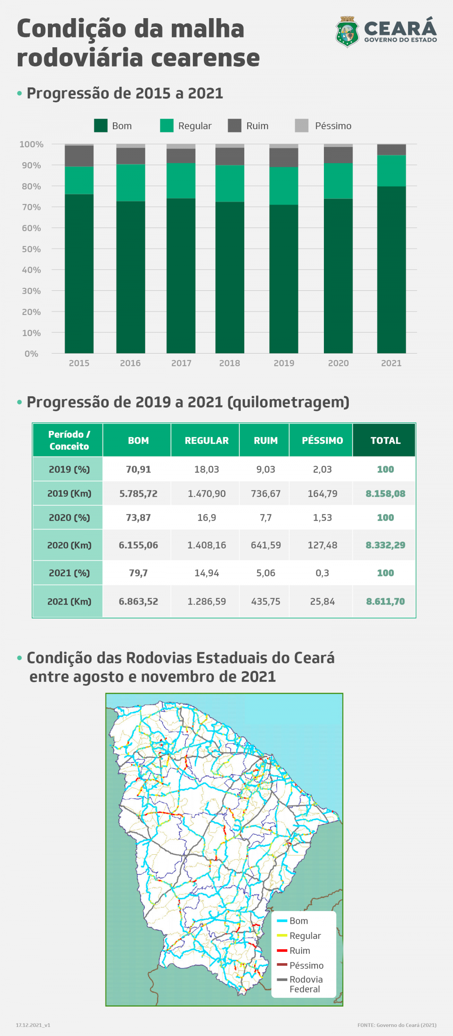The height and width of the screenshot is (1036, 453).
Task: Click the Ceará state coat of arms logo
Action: [347, 32]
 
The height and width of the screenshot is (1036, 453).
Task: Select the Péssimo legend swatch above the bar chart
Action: [302, 125]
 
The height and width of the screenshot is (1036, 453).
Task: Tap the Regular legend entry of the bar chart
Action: [186, 125]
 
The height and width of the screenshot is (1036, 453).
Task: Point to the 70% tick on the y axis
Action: [31, 207]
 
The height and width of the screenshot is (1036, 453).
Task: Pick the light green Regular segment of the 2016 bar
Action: [131, 182]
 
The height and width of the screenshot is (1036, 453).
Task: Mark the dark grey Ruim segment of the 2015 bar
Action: [79, 156]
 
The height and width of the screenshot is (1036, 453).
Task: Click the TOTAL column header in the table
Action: [385, 440]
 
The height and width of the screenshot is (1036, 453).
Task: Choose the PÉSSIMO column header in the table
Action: [322, 440]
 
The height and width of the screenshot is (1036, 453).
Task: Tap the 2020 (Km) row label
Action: [69, 545]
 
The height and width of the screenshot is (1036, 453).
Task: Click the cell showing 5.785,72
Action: [138, 494]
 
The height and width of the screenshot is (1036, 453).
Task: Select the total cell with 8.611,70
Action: [385, 601]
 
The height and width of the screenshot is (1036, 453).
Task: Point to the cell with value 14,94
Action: [206, 573]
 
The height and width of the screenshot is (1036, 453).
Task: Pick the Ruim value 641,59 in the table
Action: [266, 545]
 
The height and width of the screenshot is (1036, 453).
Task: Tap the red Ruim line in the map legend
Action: [282, 950]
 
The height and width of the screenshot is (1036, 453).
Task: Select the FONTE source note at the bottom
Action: [397, 1025]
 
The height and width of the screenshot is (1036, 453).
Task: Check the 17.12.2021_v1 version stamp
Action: [33, 1025]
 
